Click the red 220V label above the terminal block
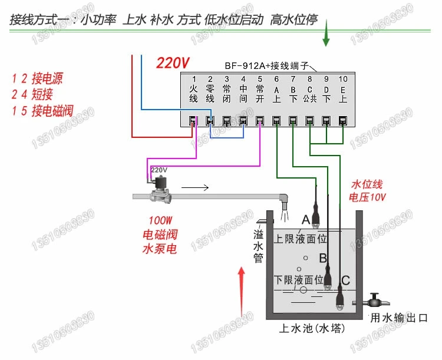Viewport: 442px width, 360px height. (x=173, y=62)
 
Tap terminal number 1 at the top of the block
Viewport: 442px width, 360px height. (x=194, y=79)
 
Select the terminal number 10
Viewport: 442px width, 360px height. (x=343, y=79)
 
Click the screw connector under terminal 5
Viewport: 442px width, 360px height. (x=260, y=121)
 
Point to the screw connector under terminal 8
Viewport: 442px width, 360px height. (x=309, y=121)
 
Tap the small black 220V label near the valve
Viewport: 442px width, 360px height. (x=159, y=170)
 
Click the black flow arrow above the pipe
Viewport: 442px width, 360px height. (x=195, y=187)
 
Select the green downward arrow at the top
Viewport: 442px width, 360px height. (x=326, y=33)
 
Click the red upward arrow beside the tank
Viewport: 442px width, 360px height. (x=241, y=292)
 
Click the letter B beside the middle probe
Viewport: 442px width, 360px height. (x=323, y=258)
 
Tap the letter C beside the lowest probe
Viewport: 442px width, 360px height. (x=345, y=280)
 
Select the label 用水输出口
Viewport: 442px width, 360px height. (x=399, y=318)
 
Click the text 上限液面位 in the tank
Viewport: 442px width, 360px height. (x=300, y=239)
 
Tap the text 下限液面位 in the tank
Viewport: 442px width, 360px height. (x=299, y=280)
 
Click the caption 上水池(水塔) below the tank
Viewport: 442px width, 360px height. (x=312, y=328)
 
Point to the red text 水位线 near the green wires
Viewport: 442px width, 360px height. (x=367, y=184)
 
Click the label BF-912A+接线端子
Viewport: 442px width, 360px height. (x=266, y=65)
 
